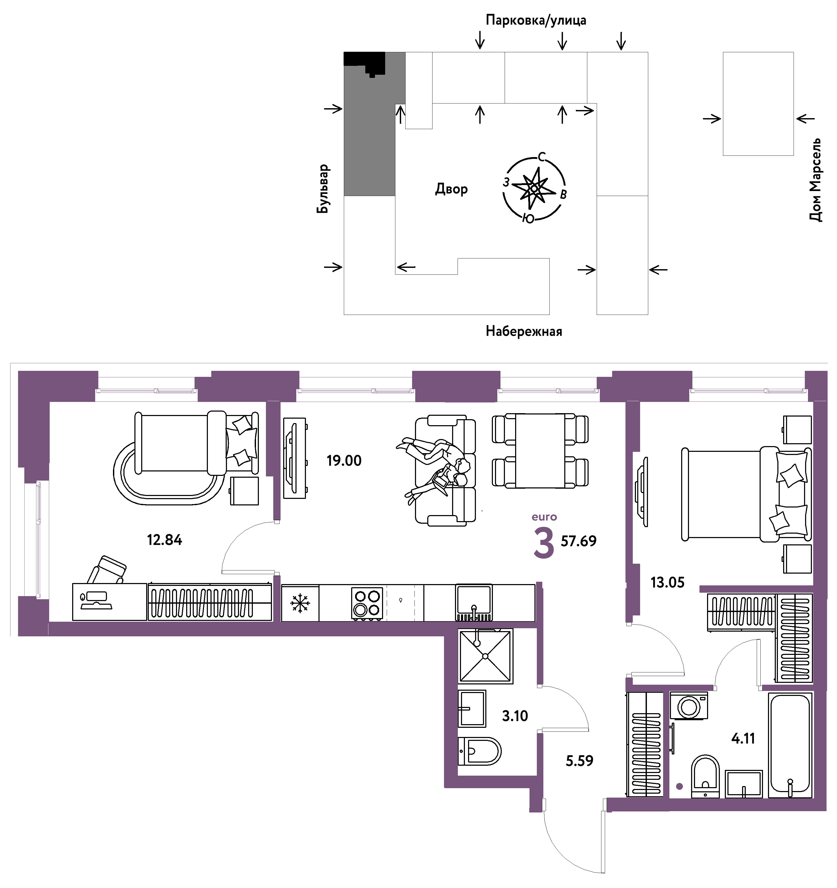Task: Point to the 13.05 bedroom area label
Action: [668, 583]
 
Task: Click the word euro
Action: [544, 517]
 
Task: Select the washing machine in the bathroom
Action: [689, 706]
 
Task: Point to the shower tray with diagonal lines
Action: [485, 656]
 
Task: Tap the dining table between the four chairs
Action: [540, 451]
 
